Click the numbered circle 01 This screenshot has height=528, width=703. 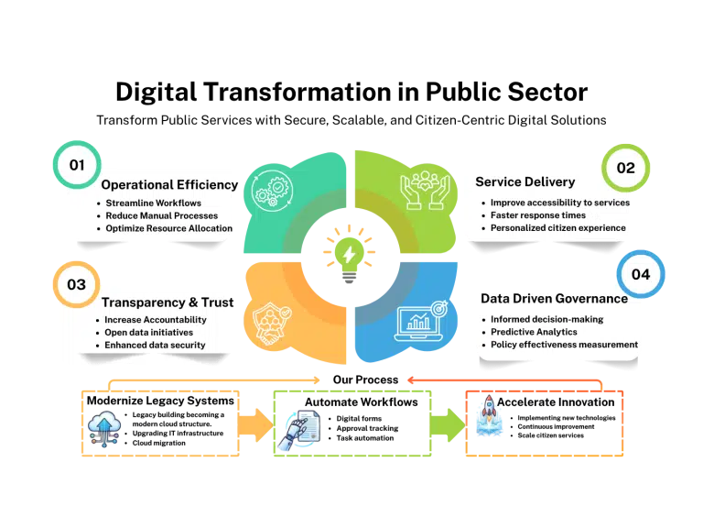[77, 165]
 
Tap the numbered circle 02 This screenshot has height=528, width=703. [625, 168]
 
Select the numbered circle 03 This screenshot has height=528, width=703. [76, 284]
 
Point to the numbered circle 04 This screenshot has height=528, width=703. [641, 274]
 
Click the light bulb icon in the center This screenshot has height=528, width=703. [350, 254]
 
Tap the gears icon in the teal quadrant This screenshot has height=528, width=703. [273, 191]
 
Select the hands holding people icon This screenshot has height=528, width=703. [425, 190]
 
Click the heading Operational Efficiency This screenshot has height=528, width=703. [169, 184]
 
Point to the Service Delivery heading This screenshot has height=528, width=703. [525, 181]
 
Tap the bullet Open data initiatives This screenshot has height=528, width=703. [149, 332]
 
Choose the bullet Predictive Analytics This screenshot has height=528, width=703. [534, 332]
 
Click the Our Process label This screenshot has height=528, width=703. [365, 379]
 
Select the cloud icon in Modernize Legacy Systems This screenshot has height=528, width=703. [104, 429]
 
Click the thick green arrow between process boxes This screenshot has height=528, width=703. [448, 424]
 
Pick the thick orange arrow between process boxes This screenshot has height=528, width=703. [255, 424]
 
